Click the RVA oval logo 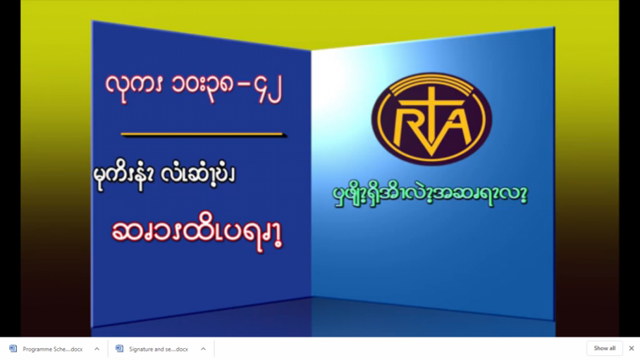431,119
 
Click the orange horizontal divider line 203,134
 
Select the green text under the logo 430,194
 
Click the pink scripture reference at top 194,88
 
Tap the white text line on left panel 164,175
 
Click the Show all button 605,349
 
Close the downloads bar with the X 632,349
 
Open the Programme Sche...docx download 52,349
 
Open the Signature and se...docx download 159,349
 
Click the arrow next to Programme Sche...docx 97,349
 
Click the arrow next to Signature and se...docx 203,349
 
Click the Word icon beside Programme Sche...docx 13,349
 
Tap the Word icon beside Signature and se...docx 119,349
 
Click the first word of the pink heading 135,87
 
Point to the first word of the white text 123,175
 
